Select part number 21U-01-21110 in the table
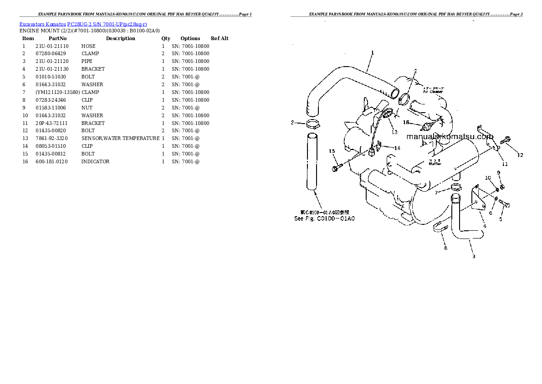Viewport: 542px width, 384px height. (51, 46)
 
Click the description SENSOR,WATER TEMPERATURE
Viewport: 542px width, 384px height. (120, 138)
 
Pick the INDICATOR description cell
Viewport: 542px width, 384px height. (95, 161)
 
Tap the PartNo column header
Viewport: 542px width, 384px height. (57, 38)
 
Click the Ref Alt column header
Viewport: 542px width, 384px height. (220, 38)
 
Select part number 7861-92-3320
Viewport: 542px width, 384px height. (51, 138)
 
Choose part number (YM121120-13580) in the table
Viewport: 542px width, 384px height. (57, 92)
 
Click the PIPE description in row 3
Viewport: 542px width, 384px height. (87, 61)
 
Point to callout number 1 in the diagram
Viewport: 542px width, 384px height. (372, 53)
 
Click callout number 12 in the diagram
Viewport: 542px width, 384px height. (520, 156)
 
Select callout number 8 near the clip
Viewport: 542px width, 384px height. (445, 248)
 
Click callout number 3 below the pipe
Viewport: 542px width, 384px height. (474, 256)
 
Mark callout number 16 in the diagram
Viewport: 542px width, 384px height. (406, 122)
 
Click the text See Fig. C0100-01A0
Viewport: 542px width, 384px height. (324, 218)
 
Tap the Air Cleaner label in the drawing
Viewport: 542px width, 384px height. (432, 92)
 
